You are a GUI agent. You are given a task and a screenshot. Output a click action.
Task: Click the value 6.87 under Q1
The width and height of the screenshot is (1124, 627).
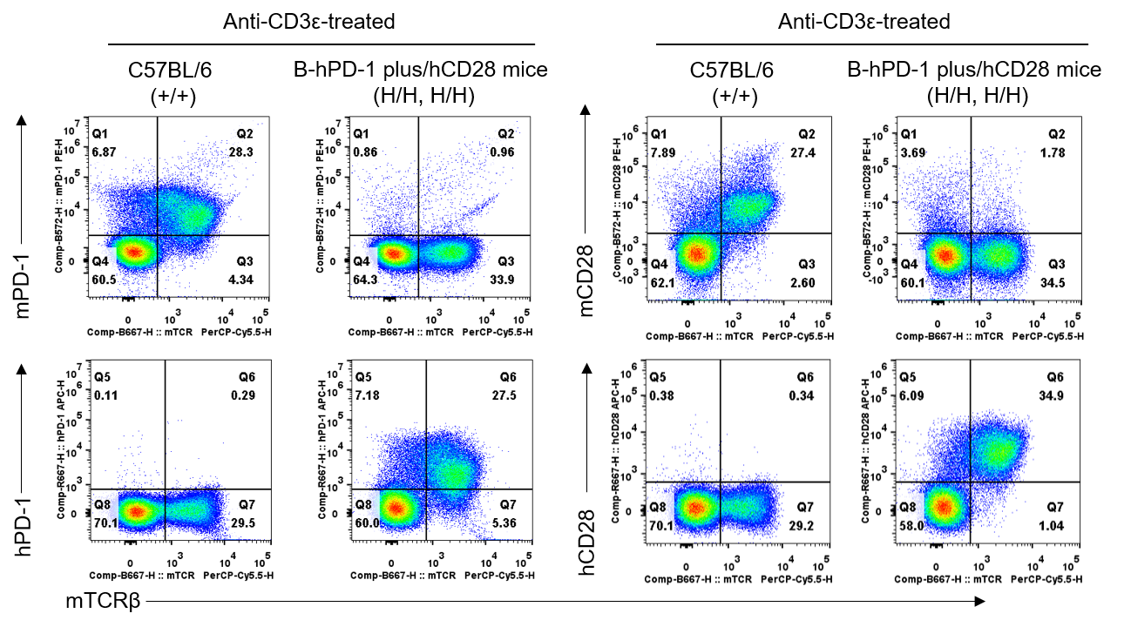click(x=104, y=152)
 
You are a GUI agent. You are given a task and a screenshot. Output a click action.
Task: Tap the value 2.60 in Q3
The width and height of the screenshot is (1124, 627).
click(x=803, y=283)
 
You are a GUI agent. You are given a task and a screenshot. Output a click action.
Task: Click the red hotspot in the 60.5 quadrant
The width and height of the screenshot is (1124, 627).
click(x=132, y=252)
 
